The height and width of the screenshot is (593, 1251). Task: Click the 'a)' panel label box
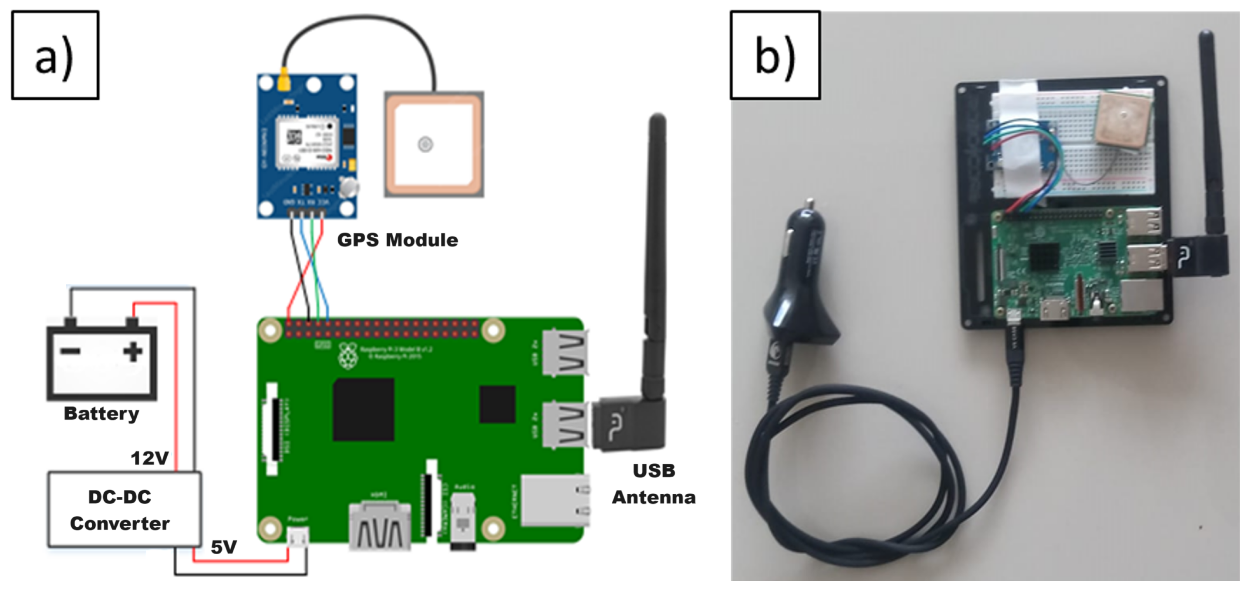click(x=55, y=55)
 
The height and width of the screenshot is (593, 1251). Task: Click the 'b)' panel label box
click(x=775, y=55)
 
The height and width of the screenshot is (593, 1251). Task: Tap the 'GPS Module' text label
click(x=397, y=240)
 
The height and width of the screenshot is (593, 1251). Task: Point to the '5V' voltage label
click(x=223, y=547)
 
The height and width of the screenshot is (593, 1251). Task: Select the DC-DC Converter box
click(x=125, y=509)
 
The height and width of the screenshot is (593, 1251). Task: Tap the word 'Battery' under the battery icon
click(x=101, y=413)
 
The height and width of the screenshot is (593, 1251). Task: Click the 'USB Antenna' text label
click(x=654, y=484)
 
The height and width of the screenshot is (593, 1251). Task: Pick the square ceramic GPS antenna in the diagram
click(x=434, y=144)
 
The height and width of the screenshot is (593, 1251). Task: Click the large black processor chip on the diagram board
click(x=363, y=409)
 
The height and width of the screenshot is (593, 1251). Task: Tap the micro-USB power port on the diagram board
click(x=298, y=537)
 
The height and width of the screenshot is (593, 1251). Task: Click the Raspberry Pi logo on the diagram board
click(x=348, y=356)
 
